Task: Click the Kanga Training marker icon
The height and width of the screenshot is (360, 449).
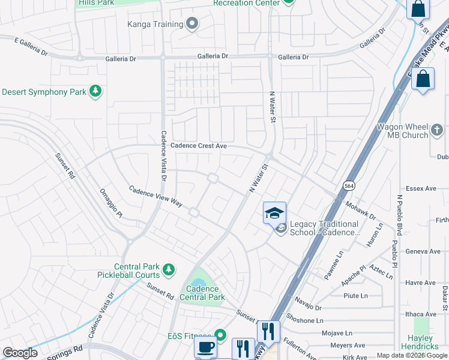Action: (192, 24)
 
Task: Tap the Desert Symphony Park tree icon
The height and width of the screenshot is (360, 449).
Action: (95, 92)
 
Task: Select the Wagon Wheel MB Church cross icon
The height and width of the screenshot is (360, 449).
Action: (437, 128)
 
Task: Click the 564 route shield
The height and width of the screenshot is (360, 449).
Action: (348, 187)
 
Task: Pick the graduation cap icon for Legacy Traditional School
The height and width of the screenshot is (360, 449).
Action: (274, 213)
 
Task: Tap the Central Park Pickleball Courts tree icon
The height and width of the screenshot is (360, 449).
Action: (169, 268)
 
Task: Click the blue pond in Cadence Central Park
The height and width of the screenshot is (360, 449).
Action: (199, 283)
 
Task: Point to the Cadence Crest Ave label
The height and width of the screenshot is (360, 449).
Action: (199, 146)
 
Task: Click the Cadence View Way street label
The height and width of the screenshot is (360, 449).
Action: (155, 196)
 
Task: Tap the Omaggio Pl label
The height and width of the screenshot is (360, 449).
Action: (111, 205)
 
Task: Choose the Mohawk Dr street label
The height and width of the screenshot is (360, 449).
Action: (361, 210)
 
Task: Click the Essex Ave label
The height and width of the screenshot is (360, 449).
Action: (421, 188)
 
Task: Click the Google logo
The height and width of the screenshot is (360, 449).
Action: (20, 353)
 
